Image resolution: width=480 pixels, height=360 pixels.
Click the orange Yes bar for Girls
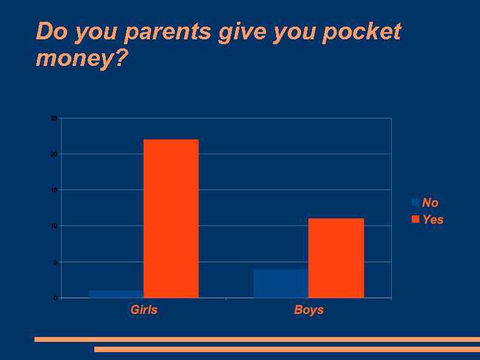(171, 218)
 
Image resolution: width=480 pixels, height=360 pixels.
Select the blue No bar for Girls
(116, 294)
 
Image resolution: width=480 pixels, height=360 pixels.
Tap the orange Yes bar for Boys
(336, 258)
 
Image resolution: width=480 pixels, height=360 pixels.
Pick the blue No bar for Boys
(281, 283)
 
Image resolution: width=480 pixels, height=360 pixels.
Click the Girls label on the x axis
(144, 310)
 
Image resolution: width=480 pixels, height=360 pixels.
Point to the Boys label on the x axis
(309, 310)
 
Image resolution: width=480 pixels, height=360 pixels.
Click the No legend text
(430, 203)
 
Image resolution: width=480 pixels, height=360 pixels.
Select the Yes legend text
(433, 219)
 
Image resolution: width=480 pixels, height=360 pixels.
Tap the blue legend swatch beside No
(415, 202)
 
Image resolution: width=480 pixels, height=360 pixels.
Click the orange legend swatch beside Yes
(415, 219)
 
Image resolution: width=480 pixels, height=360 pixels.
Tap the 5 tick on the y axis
(55, 262)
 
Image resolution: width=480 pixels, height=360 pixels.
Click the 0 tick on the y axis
(55, 298)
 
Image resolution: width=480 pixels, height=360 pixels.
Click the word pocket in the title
(362, 31)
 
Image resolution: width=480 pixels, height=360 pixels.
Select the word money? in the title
(82, 59)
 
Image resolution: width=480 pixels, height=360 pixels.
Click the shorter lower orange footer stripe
(287, 349)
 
